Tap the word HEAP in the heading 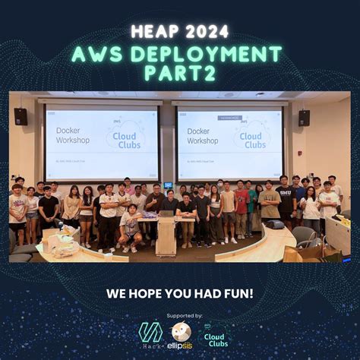pos(153,32)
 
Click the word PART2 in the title pos(179,73)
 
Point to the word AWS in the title pos(96,54)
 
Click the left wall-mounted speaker pos(21,116)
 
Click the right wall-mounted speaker pos(304,118)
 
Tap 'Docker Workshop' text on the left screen pos(73,135)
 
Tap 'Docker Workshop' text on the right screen pos(203,135)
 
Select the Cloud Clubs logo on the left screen pos(125,135)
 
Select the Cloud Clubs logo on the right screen pos(254,135)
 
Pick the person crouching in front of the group pos(130,229)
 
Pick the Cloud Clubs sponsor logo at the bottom pos(214,336)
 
